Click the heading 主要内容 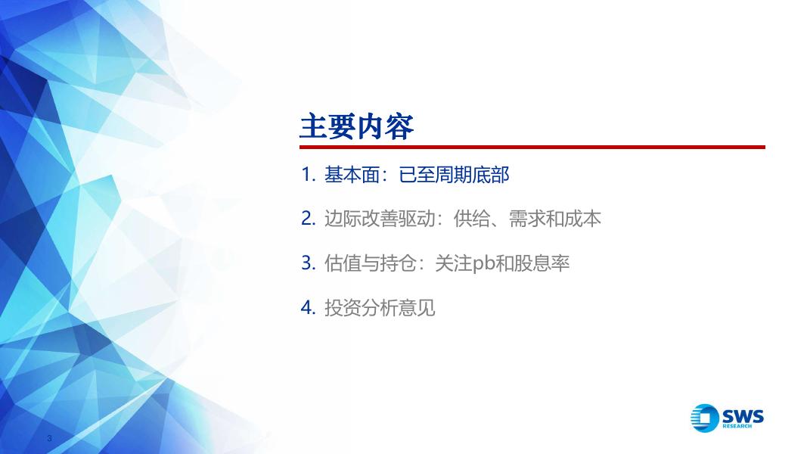357,126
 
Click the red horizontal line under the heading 532,148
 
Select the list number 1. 308,175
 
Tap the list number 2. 308,219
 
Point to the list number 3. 308,263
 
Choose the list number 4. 308,308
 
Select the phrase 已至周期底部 454,175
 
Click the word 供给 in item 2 472,219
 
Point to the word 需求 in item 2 527,219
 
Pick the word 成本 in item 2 582,219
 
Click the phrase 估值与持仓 370,263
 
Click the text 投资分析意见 380,308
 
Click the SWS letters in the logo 743,416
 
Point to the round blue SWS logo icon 705,418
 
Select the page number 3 49,439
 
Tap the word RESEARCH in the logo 737,426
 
